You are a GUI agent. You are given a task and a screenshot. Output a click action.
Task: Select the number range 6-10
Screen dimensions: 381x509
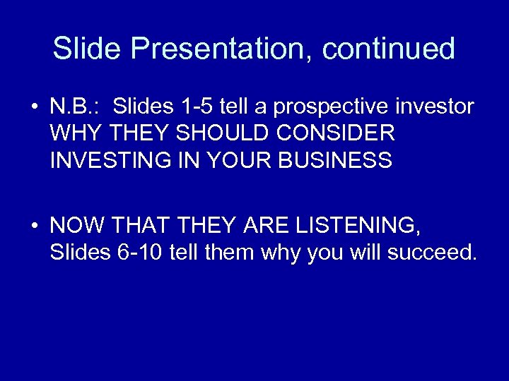(139, 252)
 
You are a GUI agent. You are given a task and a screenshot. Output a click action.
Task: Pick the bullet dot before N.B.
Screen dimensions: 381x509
(34, 107)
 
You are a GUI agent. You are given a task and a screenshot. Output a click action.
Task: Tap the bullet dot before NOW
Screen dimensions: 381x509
(34, 226)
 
